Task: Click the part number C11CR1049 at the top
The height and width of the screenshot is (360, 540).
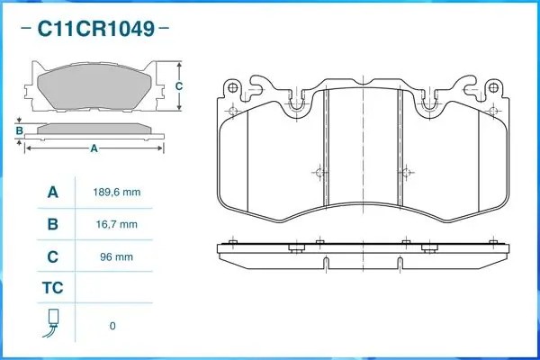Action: pyautogui.click(x=94, y=28)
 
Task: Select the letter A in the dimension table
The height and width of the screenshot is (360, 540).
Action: pyautogui.click(x=52, y=193)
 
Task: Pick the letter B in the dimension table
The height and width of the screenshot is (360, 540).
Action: pyautogui.click(x=52, y=224)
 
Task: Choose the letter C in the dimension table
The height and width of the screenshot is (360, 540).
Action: pyautogui.click(x=52, y=256)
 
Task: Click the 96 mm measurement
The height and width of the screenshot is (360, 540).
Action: pyautogui.click(x=118, y=256)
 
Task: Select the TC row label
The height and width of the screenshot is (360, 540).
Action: pyautogui.click(x=52, y=289)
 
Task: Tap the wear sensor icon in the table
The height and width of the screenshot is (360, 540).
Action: pyautogui.click(x=52, y=324)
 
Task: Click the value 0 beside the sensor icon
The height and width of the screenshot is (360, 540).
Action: pyautogui.click(x=112, y=325)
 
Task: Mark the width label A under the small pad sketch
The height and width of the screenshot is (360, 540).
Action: pyautogui.click(x=93, y=149)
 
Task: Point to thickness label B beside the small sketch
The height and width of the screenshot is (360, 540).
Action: pyautogui.click(x=19, y=131)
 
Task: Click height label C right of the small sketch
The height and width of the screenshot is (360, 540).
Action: pyautogui.click(x=179, y=86)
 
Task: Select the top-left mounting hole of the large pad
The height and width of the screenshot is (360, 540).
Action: pyautogui.click(x=232, y=88)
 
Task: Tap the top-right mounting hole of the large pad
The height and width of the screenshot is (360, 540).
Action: pyautogui.click(x=492, y=88)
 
